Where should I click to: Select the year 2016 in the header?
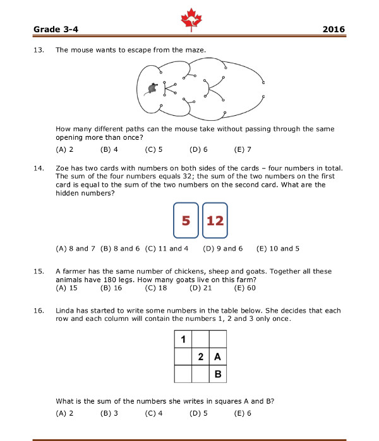(334, 29)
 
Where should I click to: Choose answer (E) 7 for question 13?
(243, 150)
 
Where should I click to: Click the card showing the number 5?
(186, 221)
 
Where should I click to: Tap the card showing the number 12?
(215, 221)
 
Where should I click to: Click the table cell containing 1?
(183, 340)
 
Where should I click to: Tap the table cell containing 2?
(200, 357)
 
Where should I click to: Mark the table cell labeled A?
(217, 357)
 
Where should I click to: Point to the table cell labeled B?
(217, 375)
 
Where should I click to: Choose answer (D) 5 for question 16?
(199, 413)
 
